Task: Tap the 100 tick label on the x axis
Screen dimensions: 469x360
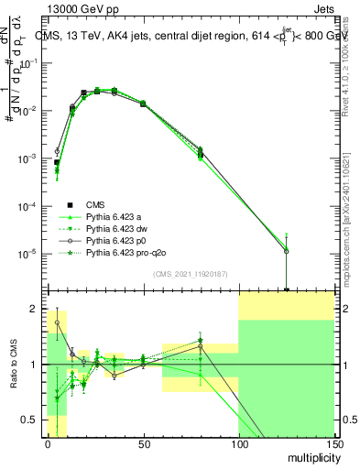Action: coord(238,443)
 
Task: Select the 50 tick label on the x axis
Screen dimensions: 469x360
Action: coord(143,443)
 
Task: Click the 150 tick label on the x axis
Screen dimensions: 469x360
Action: coord(333,443)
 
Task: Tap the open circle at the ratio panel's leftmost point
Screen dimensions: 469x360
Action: coord(57,322)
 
